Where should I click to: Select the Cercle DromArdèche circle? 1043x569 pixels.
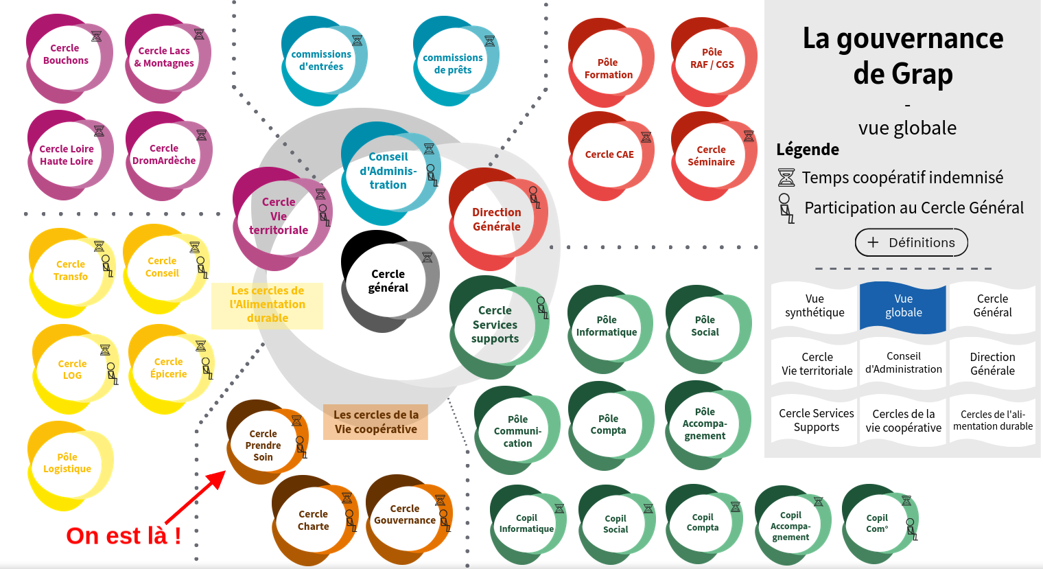(165, 155)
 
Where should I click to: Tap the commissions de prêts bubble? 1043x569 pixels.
(453, 64)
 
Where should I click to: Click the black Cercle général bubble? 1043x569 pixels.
(388, 281)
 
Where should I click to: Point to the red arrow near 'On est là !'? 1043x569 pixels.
(196, 497)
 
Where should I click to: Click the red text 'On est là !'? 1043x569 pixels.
(124, 535)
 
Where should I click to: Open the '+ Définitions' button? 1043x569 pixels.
(911, 242)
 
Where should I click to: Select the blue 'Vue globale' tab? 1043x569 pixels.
(903, 306)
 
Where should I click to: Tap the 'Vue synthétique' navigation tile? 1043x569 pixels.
(815, 306)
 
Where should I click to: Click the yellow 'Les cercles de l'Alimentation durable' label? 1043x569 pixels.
(267, 305)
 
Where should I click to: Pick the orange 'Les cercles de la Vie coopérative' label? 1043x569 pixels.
(375, 422)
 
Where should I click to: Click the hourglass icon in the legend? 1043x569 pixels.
(786, 178)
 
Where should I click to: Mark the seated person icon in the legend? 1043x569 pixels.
(786, 207)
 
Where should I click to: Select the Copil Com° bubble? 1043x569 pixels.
(877, 524)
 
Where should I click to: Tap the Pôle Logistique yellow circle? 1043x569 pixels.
(67, 464)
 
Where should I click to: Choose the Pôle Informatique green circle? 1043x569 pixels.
(607, 327)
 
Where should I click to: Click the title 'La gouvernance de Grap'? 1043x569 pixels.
(903, 56)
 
